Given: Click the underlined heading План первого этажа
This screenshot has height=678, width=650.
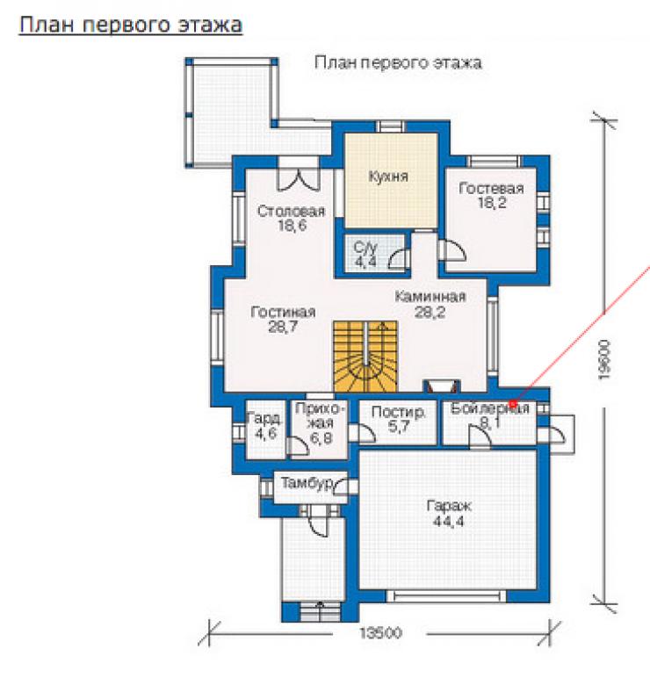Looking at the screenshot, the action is (x=131, y=25).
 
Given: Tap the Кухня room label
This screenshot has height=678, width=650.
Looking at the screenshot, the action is (x=388, y=177).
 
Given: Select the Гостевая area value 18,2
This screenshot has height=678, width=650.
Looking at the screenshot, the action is (x=492, y=202).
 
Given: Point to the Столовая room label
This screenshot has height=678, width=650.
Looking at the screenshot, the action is (x=291, y=211).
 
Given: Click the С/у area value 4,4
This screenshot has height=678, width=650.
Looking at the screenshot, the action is (x=365, y=262).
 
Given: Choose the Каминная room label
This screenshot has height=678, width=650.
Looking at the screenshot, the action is (x=430, y=297).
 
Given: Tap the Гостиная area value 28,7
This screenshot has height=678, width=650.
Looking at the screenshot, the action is (x=283, y=326).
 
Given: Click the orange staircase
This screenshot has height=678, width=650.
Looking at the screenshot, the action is (x=365, y=357).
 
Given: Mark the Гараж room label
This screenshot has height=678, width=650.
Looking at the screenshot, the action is (x=449, y=506).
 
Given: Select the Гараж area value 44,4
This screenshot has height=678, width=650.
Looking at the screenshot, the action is (x=449, y=521).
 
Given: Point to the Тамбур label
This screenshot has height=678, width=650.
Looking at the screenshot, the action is (x=307, y=482).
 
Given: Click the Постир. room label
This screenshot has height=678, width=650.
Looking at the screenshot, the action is (x=398, y=412).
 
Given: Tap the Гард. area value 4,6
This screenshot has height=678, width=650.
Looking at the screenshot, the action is (x=265, y=433).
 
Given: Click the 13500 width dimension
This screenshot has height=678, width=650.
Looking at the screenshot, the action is (x=380, y=633).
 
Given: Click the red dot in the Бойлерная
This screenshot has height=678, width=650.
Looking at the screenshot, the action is (x=513, y=404).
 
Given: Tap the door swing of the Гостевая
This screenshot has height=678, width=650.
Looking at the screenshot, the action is (x=452, y=250).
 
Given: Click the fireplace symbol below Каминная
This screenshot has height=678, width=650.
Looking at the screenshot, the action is (x=441, y=386).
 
